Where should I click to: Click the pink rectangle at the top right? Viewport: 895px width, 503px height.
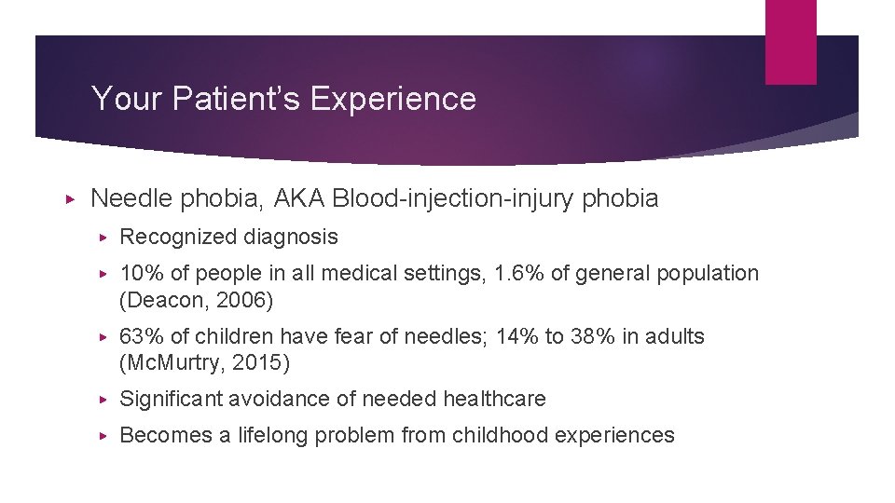tap(790, 42)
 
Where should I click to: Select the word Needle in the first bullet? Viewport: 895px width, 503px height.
tap(131, 198)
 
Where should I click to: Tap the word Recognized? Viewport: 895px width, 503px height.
tap(178, 238)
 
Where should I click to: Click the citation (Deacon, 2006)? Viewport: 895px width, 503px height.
tap(197, 301)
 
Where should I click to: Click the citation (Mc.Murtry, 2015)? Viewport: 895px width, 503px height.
tap(205, 362)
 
